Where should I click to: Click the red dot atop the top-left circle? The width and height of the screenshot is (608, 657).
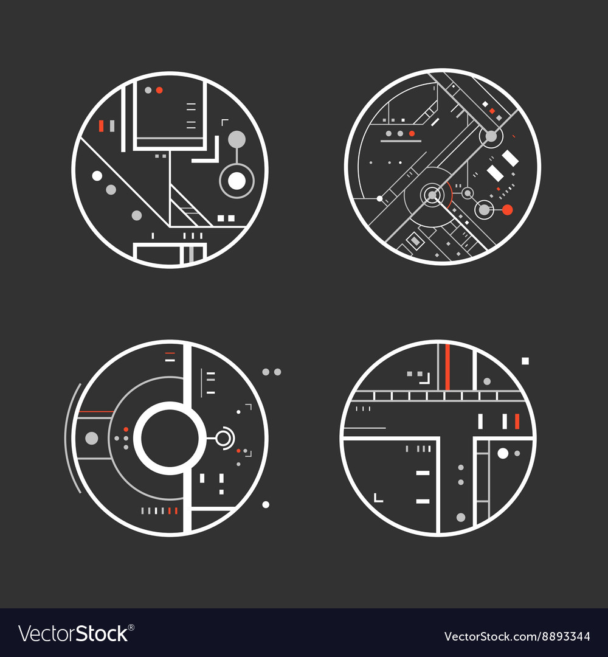tap(159, 90)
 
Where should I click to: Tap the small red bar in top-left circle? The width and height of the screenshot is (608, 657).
tap(102, 126)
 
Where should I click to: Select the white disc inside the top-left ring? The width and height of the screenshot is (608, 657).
tap(236, 181)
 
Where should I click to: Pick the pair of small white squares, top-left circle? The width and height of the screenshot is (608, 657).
tap(226, 218)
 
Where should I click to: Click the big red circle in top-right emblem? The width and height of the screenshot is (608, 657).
tap(508, 210)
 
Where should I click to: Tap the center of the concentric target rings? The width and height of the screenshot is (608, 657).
tap(432, 195)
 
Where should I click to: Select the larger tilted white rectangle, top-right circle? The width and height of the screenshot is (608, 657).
tap(510, 158)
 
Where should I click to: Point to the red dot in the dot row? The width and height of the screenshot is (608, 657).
tap(412, 133)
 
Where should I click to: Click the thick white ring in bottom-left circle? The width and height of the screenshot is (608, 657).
tap(167, 438)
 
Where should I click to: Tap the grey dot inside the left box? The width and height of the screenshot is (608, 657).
tap(92, 437)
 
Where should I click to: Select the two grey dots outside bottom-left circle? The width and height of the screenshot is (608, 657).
tap(271, 372)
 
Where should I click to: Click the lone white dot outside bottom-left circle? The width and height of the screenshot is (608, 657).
tap(266, 504)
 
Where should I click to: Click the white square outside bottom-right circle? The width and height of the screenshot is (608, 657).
tap(525, 361)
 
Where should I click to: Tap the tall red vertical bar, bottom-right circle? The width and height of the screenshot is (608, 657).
tap(447, 367)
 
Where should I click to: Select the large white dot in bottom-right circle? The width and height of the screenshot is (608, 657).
tap(503, 453)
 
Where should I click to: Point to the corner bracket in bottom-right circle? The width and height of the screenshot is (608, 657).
tap(378, 498)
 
